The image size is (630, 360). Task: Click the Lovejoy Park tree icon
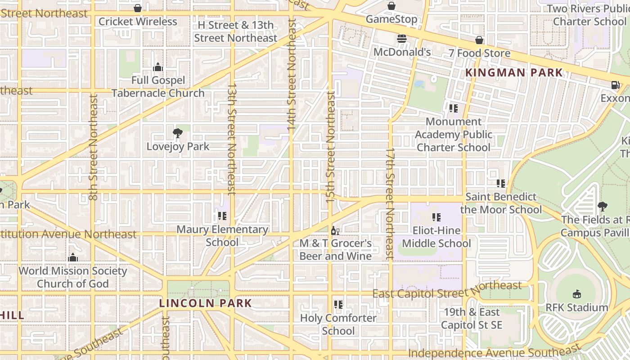pos(178,133)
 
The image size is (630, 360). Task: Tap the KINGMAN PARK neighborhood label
pos(514,72)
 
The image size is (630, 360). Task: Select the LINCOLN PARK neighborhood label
pos(206,303)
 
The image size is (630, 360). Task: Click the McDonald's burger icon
pos(402,39)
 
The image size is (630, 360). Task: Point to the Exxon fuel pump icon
pos(615,85)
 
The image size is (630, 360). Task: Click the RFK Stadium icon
pos(576,294)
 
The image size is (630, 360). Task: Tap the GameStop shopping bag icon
pos(391,6)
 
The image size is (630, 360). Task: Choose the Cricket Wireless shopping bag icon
pos(138,8)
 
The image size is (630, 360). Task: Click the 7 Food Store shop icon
pos(479,40)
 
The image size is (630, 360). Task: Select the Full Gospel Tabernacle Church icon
pos(158,67)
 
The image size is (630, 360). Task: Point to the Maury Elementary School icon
pos(222,216)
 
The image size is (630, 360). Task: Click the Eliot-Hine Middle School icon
pos(436,217)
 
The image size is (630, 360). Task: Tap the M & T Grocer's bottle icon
pos(335,231)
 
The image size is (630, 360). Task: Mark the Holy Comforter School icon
pos(338,305)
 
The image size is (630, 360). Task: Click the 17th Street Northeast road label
pos(390,203)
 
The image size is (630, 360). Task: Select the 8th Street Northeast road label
pos(93,147)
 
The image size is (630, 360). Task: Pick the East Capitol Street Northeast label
pos(447,290)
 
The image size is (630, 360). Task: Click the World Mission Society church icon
pos(73,258)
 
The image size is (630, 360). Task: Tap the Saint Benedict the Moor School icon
pos(501,184)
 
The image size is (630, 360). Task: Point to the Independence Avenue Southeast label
pos(494,351)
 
